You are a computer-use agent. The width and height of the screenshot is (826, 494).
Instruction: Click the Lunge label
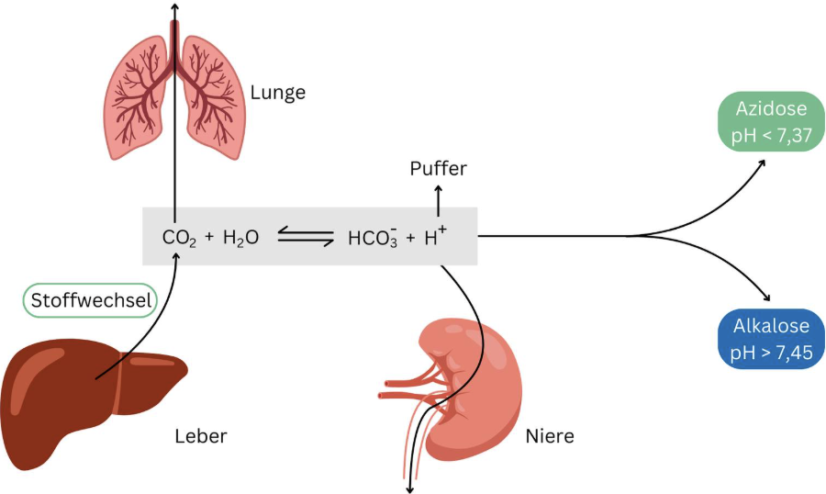click(x=278, y=93)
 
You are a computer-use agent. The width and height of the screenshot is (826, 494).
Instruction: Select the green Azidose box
click(x=770, y=122)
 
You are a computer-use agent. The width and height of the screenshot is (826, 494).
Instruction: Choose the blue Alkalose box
click(x=771, y=339)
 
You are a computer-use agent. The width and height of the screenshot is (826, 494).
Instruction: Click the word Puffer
click(x=438, y=169)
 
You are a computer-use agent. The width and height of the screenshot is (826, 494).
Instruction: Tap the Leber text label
click(x=200, y=436)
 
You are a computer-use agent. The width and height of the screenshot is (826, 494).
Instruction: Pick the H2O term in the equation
click(x=240, y=238)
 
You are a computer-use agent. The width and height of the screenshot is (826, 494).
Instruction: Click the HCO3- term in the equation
click(x=370, y=238)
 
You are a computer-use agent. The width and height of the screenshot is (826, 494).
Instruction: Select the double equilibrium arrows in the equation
click(x=305, y=238)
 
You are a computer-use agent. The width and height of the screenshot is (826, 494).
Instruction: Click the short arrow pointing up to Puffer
click(x=438, y=196)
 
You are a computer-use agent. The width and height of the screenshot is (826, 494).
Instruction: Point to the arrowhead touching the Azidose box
click(x=765, y=163)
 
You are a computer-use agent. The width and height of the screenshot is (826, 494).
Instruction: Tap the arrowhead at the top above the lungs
click(x=173, y=6)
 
